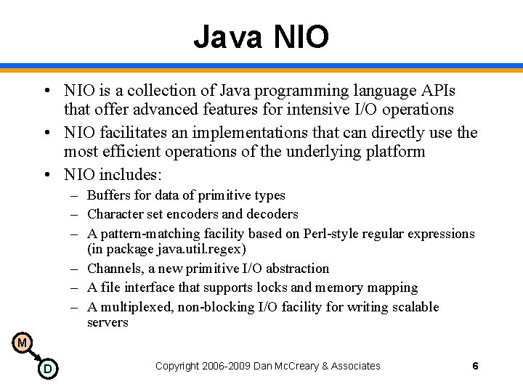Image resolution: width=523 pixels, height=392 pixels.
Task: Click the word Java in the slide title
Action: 227,37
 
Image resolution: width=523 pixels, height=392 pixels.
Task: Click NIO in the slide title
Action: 301,37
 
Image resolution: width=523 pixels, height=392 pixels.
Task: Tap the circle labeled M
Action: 22,343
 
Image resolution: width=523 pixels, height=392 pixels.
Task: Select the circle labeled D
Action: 47,369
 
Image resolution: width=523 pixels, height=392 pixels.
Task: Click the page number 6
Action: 475,366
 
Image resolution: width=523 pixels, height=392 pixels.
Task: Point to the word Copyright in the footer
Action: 179,367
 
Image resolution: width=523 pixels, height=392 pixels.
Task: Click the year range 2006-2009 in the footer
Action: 227,367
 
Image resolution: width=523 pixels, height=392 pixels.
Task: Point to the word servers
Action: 108,322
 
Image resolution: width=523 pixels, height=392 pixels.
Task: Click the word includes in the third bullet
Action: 130,174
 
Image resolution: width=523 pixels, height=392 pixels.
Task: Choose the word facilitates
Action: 131,132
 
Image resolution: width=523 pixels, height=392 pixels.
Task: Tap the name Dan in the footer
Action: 263,367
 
